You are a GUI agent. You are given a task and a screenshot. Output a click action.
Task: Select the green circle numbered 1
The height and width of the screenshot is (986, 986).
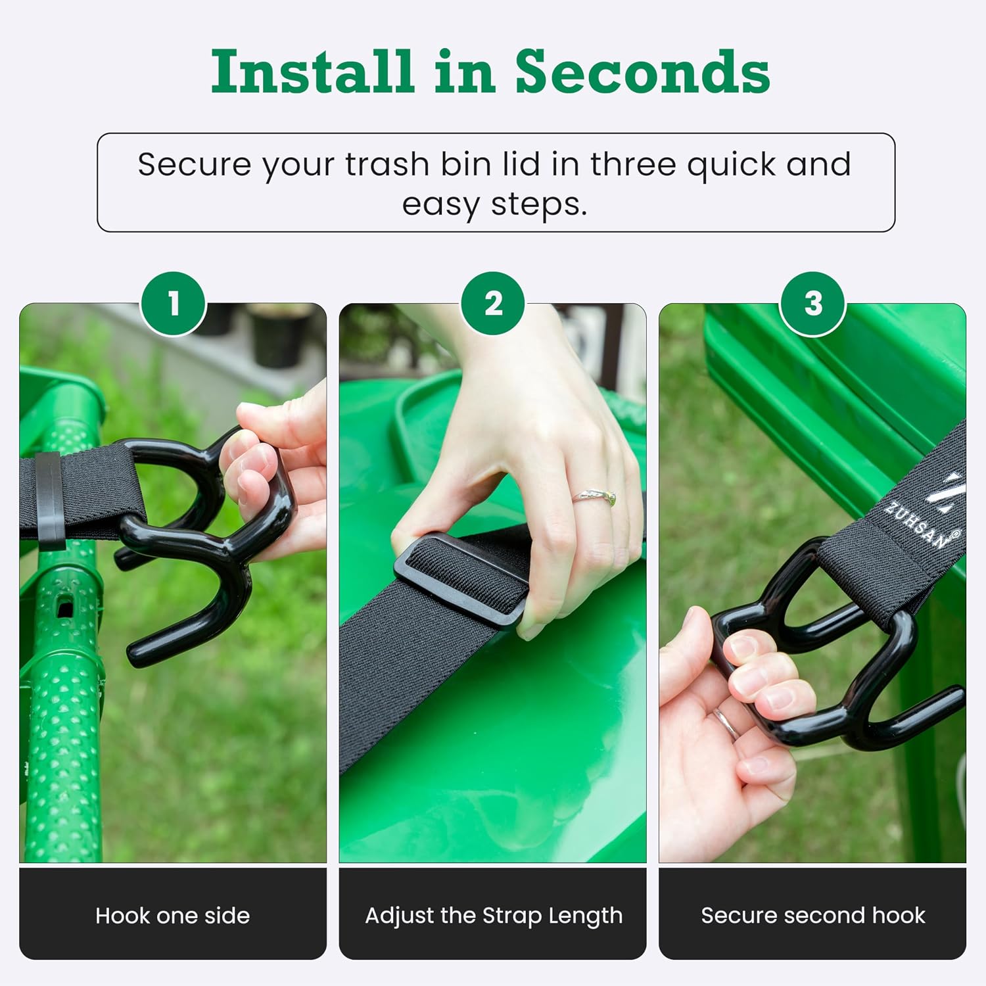pyautogui.click(x=174, y=304)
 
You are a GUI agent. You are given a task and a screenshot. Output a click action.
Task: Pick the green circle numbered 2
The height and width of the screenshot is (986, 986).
pyautogui.click(x=493, y=304)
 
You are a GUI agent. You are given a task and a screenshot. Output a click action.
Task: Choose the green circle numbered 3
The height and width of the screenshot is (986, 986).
pyautogui.click(x=813, y=304)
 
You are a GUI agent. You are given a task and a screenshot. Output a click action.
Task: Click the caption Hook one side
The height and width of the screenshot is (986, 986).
pyautogui.click(x=173, y=916)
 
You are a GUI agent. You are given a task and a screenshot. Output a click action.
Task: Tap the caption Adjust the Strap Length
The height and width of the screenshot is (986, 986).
pyautogui.click(x=494, y=916)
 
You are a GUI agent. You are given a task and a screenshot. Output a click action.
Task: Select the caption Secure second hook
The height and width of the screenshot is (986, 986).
pyautogui.click(x=813, y=916)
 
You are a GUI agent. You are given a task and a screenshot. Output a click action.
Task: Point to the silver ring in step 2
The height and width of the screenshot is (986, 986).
pyautogui.click(x=594, y=498)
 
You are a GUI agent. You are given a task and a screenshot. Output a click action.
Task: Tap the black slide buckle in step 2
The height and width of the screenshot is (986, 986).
pyautogui.click(x=460, y=578)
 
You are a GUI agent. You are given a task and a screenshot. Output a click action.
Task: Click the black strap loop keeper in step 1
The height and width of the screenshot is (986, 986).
pyautogui.click(x=49, y=500)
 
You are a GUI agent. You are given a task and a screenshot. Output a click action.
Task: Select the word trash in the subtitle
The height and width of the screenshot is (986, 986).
pyautogui.click(x=387, y=164)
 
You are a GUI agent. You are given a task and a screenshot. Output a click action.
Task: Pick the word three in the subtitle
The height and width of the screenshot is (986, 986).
pyautogui.click(x=632, y=164)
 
